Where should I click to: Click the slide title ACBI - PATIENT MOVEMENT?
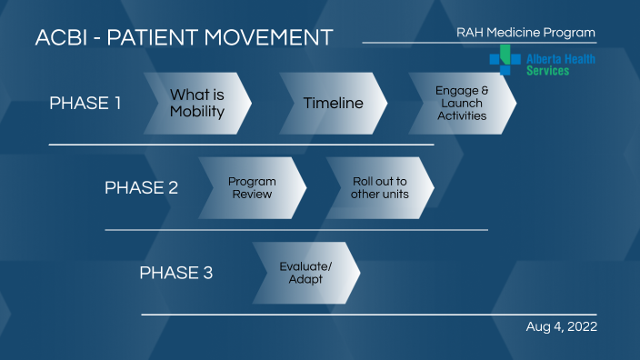click(x=184, y=38)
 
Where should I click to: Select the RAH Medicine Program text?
click(x=525, y=33)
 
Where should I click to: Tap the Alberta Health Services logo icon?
click(x=500, y=59)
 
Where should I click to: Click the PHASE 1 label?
click(x=85, y=103)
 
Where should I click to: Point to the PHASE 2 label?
click(x=141, y=188)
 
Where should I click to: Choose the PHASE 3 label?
click(x=175, y=273)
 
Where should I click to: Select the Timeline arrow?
click(x=333, y=103)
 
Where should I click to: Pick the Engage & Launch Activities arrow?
click(x=462, y=103)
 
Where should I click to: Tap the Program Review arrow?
click(x=252, y=187)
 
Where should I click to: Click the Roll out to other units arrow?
click(x=380, y=187)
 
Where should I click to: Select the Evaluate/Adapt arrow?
click(x=305, y=273)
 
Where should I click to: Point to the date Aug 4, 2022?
click(x=561, y=326)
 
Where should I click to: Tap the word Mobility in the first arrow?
click(x=196, y=112)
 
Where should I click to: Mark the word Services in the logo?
click(x=547, y=70)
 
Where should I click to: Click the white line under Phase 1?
click(x=241, y=145)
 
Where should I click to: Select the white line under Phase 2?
click(x=296, y=230)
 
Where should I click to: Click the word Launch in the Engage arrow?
click(x=462, y=103)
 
